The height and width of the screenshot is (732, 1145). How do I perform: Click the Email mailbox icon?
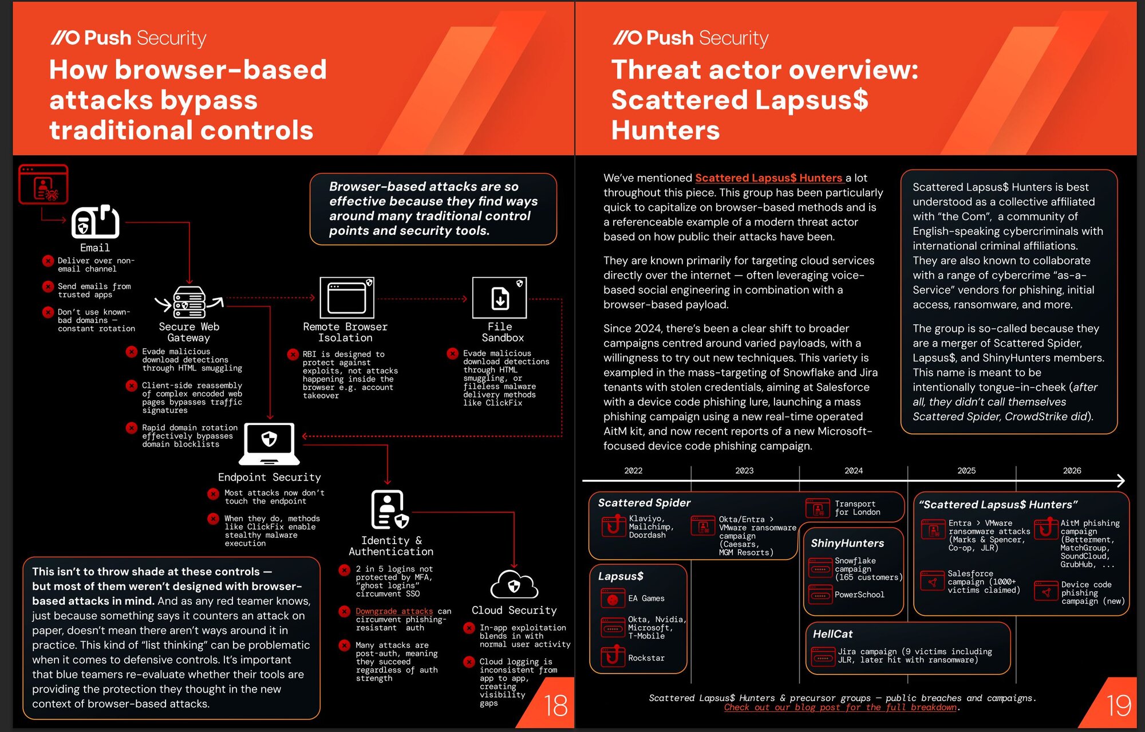pos(95,222)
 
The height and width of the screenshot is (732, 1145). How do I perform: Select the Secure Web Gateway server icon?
pos(189,302)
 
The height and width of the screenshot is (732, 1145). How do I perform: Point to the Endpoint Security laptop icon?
pos(269,443)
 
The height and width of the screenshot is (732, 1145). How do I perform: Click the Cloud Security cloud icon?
pos(514,585)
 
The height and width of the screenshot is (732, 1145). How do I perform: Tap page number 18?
pos(555,706)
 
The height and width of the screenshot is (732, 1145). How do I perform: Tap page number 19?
pos(1118,706)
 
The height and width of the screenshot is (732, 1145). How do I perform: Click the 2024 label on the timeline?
pos(853,471)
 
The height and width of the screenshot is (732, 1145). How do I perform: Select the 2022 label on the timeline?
pos(633,471)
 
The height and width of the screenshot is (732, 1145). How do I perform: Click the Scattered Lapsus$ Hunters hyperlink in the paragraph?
pos(768,178)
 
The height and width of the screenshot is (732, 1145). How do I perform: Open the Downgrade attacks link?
pos(394,611)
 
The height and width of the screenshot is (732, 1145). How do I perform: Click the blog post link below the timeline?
pos(840,707)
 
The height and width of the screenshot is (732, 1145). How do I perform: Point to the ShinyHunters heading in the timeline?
pos(847,543)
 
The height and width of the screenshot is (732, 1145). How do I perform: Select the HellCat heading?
pos(832,634)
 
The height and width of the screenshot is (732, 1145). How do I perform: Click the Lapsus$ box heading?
pos(621,576)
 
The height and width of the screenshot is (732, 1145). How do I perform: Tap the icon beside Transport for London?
pos(818,508)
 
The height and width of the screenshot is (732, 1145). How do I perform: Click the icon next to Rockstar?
pos(613,656)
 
